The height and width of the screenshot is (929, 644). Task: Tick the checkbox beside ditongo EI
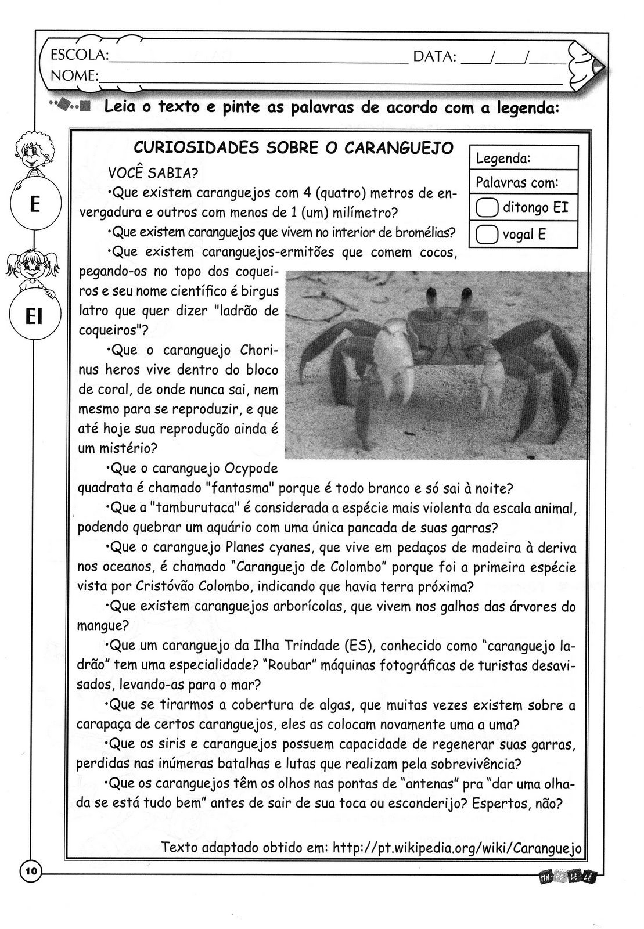(x=487, y=208)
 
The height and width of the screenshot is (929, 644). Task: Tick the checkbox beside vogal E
(x=487, y=234)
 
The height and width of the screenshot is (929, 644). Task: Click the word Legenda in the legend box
(x=502, y=158)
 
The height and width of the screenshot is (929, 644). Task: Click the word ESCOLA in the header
(x=80, y=56)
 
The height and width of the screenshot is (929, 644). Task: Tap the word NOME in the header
(x=74, y=75)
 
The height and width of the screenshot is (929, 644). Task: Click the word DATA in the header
(x=434, y=57)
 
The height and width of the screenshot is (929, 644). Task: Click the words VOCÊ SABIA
(x=153, y=173)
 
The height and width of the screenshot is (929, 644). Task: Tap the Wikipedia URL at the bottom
(x=457, y=848)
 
